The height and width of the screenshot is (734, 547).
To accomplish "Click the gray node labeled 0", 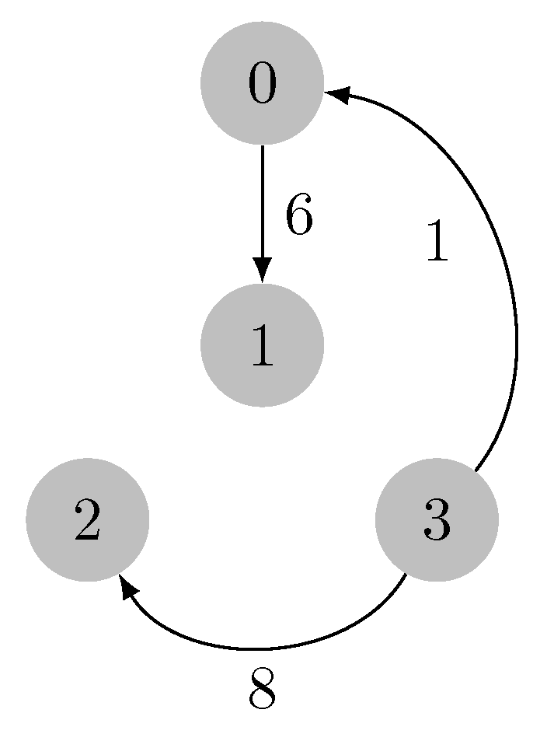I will [262, 83].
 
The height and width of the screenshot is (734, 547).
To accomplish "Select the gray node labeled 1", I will [262, 345].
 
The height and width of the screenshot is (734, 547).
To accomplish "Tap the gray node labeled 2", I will [87, 520].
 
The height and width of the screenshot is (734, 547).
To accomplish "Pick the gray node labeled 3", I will [436, 520].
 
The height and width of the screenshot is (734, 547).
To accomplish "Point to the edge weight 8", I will [263, 690].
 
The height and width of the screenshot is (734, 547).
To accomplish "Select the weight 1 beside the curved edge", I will [437, 241].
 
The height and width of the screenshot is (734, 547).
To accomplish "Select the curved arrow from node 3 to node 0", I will [516, 327].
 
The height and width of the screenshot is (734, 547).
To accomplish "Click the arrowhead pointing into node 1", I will [262, 271].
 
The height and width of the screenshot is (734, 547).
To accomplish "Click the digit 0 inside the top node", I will [262, 83].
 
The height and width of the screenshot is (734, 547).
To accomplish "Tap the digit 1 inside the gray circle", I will [262, 345].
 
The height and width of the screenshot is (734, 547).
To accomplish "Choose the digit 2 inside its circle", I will [87, 520].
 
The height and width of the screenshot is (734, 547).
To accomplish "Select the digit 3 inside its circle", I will [436, 520].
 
